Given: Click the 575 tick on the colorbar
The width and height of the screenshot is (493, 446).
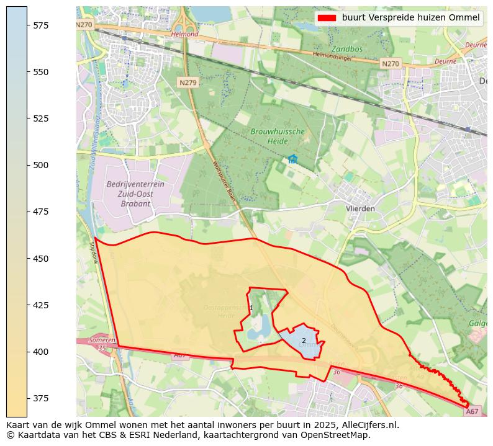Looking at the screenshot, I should (x=27, y=25).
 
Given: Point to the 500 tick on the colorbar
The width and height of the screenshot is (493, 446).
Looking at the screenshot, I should (x=27, y=165).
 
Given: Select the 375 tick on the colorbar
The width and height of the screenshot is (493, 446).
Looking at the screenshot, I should (x=27, y=398).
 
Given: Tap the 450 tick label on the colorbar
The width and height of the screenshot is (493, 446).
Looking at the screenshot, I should (x=41, y=258).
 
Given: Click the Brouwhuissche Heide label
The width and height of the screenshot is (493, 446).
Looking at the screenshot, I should (x=278, y=136).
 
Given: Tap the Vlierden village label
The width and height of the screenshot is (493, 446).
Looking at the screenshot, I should (x=361, y=208).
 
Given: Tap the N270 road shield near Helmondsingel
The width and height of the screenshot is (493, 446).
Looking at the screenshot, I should (x=391, y=64).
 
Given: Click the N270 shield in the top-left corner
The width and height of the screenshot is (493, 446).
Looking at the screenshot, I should (x=84, y=25).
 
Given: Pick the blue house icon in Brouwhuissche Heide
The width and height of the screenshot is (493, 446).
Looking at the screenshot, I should (x=292, y=159).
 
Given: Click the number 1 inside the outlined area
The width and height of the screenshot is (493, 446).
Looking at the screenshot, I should (x=251, y=308).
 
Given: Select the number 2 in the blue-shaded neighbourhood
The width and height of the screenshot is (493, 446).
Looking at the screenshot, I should (x=304, y=341).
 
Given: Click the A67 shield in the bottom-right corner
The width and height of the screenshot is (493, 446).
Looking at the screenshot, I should (x=473, y=411).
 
